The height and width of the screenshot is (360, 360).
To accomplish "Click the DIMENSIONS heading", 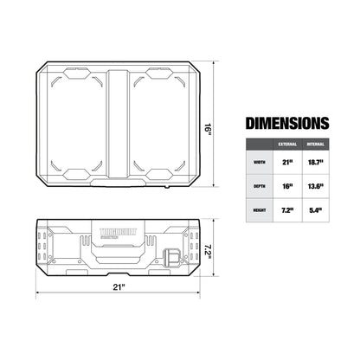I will (x=286, y=124).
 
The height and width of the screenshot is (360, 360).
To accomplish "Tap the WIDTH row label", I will (x=259, y=161).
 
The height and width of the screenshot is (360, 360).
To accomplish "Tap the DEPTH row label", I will (x=259, y=185).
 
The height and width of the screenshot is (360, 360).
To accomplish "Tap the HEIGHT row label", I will (x=259, y=210).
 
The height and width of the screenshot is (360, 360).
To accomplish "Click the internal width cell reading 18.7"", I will (x=318, y=161).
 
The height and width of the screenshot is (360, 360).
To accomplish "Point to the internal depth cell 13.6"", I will (x=318, y=185).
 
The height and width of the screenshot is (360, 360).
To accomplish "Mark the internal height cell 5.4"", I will (x=318, y=210).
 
